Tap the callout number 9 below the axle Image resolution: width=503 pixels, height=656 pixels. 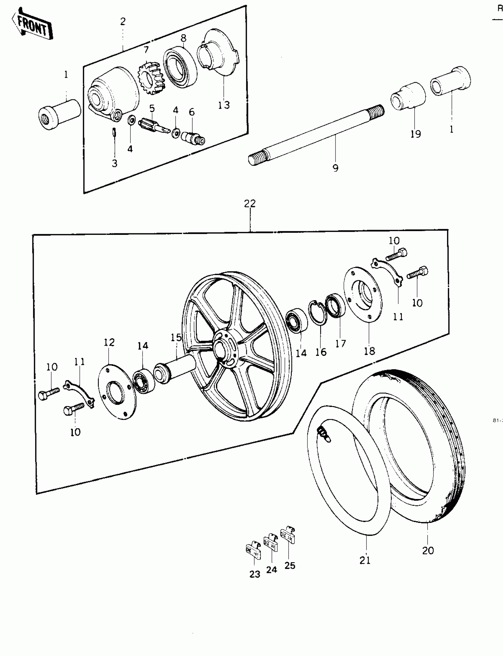335,168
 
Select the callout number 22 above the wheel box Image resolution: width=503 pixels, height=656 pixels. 250,204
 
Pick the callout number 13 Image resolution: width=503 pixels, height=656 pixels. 224,105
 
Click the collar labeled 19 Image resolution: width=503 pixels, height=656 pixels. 408,97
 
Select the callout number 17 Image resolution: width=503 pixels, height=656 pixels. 341,344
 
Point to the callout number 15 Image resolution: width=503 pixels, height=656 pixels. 176,337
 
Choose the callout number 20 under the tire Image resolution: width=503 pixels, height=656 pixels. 428,550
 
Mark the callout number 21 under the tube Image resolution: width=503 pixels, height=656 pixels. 365,560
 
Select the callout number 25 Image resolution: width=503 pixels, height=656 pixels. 290,565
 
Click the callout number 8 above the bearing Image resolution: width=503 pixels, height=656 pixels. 183,38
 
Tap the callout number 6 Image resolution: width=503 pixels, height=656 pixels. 192,112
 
